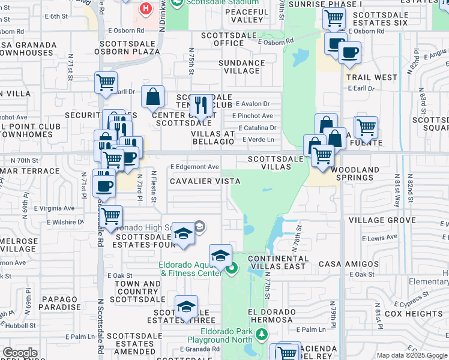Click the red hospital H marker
[145, 9]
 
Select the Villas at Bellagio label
[212, 137]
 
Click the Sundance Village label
[242, 67]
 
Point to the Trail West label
[372, 77]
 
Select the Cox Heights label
[414, 314]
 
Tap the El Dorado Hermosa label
[271, 316]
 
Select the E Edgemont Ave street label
[194, 167]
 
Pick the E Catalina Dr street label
[258, 128]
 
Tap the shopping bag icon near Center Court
[153, 97]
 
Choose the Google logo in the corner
[20, 353]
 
